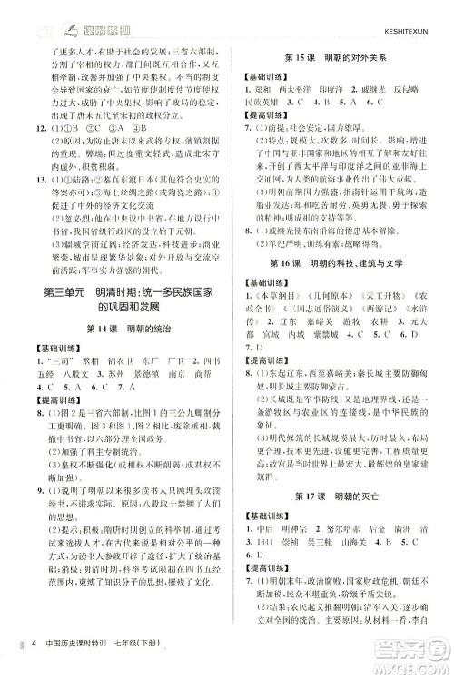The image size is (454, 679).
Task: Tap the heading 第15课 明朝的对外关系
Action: (x=341, y=48)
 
